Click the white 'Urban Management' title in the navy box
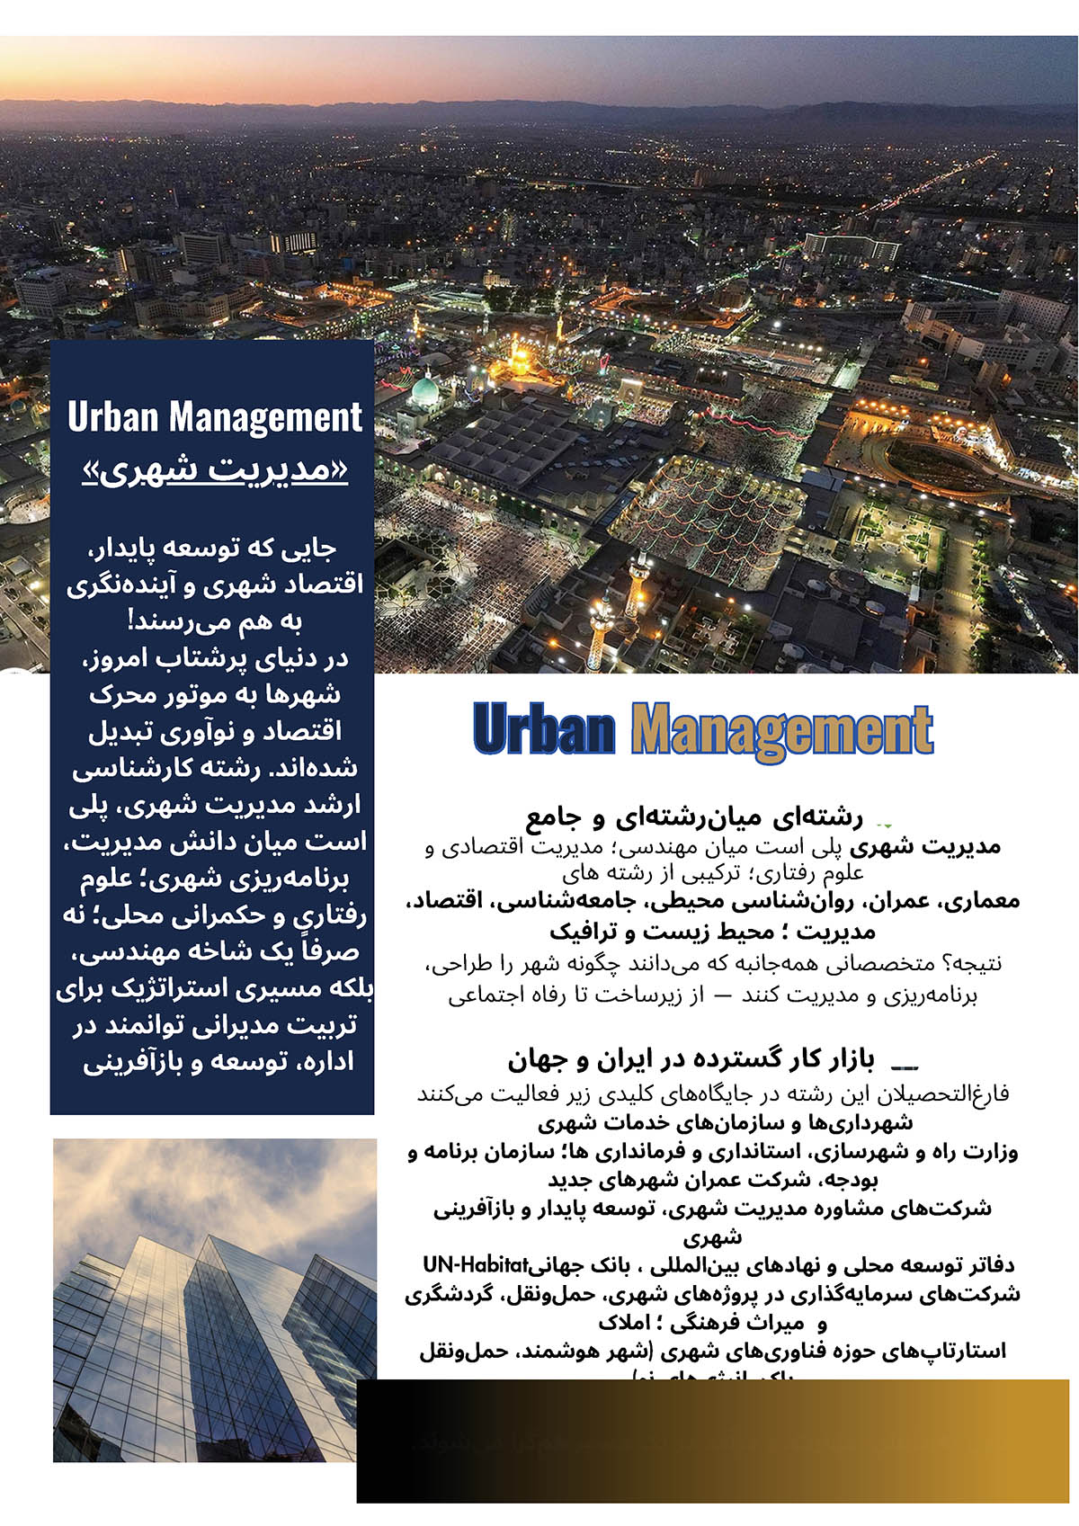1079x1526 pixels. click(214, 417)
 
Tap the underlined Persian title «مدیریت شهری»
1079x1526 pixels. click(214, 469)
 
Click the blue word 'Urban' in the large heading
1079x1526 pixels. click(544, 729)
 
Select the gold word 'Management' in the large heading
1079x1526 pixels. click(781, 729)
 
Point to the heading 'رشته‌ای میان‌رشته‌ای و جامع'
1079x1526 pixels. click(694, 817)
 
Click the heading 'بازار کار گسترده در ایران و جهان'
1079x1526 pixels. click(691, 1060)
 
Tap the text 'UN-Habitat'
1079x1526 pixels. click(474, 1264)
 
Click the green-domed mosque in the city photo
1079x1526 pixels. click(424, 391)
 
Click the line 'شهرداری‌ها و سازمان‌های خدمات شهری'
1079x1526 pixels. click(725, 1122)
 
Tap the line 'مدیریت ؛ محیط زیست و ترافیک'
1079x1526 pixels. click(712, 931)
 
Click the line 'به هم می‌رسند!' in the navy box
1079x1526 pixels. click(214, 621)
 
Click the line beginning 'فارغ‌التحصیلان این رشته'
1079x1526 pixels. click(712, 1093)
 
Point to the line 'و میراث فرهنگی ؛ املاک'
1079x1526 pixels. click(712, 1323)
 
